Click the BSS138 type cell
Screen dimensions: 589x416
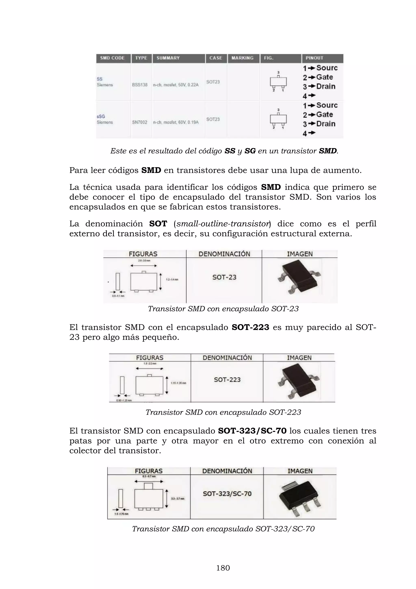[140, 85]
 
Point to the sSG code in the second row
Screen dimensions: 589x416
[101, 117]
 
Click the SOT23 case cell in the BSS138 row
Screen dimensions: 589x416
[213, 82]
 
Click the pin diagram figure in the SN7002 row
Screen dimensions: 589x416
[278, 119]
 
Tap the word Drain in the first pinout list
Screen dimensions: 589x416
[326, 86]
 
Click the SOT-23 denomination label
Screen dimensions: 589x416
[224, 277]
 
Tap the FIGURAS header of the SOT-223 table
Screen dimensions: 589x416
[149, 358]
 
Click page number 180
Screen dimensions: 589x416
[223, 568]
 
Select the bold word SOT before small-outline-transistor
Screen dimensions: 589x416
[158, 224]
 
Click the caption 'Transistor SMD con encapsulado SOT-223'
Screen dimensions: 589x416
[223, 412]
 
